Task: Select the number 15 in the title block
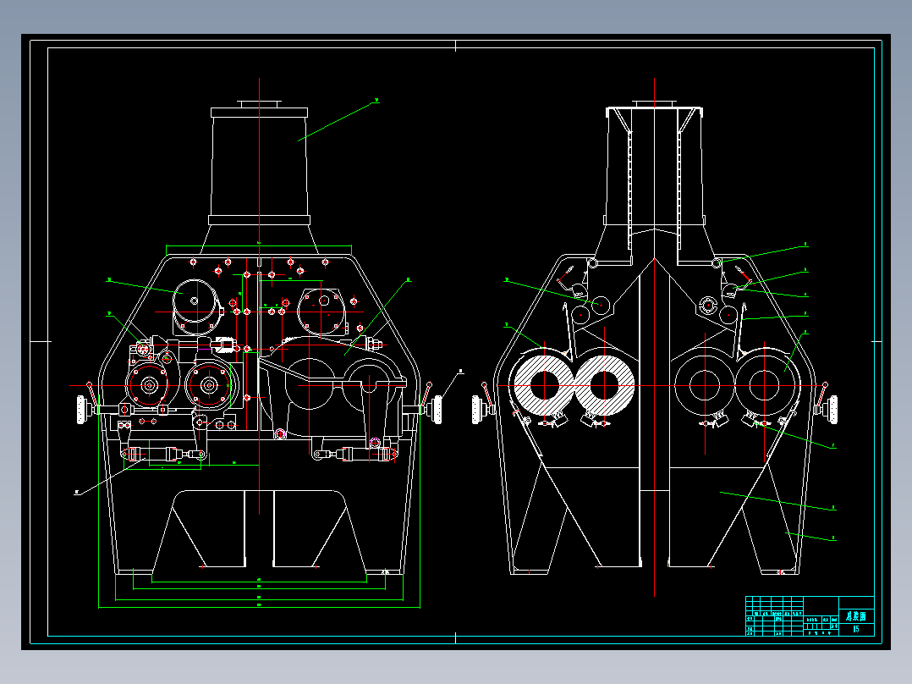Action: (x=856, y=628)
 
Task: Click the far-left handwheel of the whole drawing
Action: (x=83, y=410)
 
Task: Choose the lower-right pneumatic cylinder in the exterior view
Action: (x=355, y=455)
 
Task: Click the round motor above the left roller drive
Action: (x=194, y=300)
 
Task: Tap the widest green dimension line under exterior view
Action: (x=260, y=606)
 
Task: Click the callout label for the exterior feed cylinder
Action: (x=376, y=101)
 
